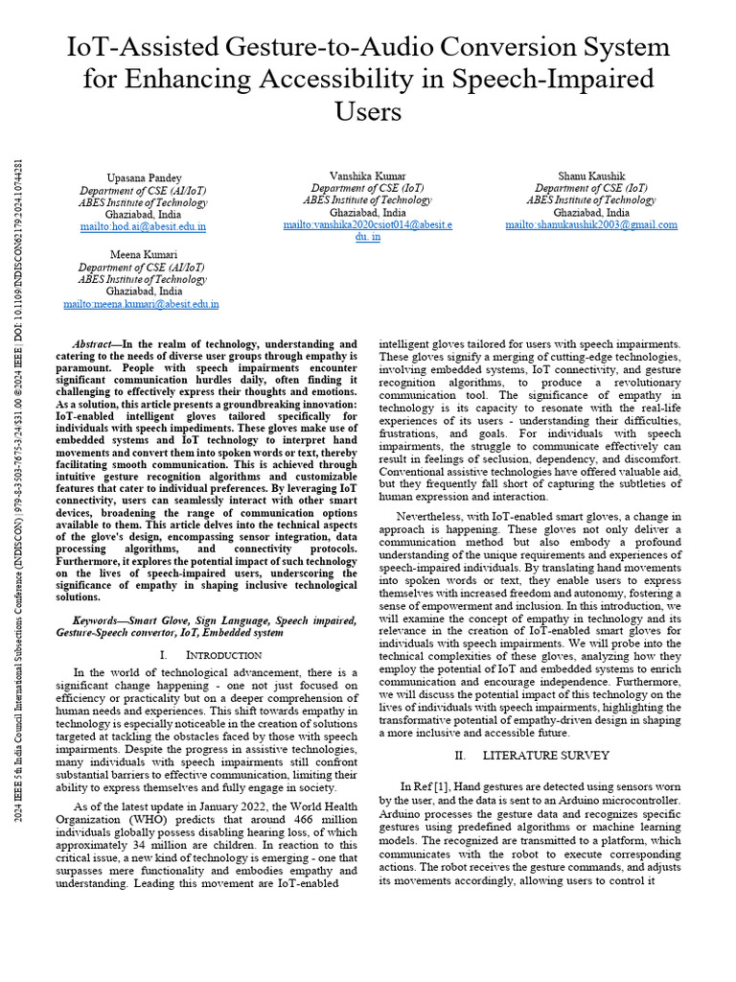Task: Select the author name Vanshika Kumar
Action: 367,175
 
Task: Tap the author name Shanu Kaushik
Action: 591,175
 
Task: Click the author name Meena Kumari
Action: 142,255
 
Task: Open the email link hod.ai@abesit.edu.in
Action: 142,227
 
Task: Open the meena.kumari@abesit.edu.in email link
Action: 142,304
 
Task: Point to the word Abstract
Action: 93,343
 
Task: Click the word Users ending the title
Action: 367,111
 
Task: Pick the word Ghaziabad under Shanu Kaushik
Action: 591,213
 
